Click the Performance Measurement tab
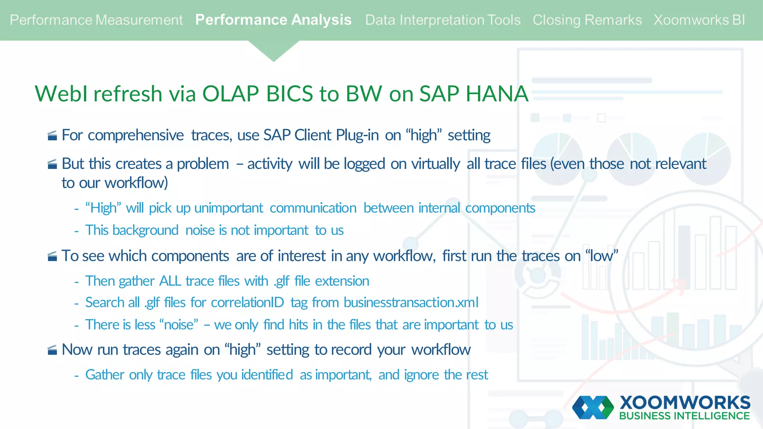coord(96,20)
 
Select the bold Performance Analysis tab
coord(273,20)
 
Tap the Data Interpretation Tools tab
coord(443,20)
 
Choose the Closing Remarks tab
coord(587,20)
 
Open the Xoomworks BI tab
coord(699,20)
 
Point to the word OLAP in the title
coord(230,93)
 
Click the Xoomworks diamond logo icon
coord(593,407)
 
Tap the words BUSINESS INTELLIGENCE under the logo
coord(684,416)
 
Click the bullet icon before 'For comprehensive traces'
coord(53,136)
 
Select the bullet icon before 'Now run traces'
coord(53,350)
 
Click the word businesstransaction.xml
coord(411,302)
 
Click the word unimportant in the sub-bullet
coord(228,208)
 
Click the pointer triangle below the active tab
coord(273,50)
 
